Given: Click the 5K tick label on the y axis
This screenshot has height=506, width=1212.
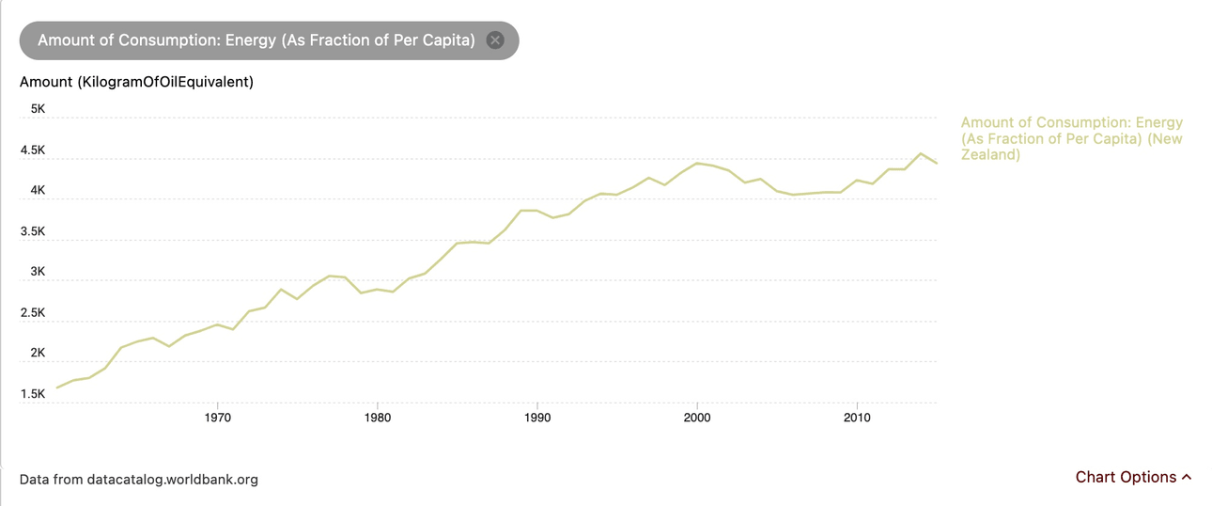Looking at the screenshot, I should coord(39,109).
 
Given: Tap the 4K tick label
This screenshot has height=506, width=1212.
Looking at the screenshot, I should coord(39,190).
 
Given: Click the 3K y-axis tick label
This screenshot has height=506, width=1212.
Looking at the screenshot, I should coord(39,272).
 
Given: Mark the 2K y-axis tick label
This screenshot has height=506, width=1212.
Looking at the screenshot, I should coord(39,353).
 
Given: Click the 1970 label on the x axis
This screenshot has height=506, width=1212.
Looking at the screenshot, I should coord(217,417).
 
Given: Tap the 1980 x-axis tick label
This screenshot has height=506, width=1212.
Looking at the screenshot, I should coord(377,417).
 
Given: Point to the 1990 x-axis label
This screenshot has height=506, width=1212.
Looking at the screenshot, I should coord(536,417).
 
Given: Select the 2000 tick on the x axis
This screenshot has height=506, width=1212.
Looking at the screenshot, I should coord(696,417).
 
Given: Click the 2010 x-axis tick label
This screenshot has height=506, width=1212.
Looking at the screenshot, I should coord(856,417).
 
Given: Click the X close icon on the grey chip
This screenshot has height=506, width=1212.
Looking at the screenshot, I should coord(495,40).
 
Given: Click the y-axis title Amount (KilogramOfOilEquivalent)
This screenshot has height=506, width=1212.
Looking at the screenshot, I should coord(136,82).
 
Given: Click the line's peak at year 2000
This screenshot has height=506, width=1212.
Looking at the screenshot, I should coord(696,163).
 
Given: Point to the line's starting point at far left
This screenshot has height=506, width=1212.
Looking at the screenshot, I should coord(57,387).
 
